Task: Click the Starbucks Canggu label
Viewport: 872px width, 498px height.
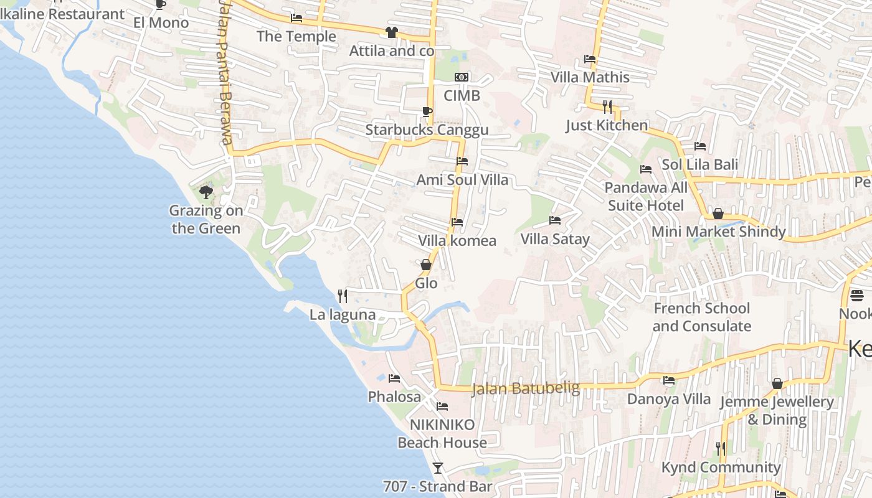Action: tap(427, 130)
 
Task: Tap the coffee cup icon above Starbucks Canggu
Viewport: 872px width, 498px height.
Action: tap(427, 111)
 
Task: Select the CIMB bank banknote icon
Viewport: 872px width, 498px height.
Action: tap(462, 77)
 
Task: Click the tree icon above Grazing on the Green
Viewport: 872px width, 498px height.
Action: tap(206, 192)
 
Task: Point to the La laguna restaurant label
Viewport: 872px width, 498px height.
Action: tap(343, 314)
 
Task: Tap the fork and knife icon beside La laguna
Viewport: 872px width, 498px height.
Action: tap(342, 296)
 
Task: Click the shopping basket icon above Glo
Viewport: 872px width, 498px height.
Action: tap(426, 265)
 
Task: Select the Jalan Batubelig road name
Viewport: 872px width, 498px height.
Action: tap(526, 388)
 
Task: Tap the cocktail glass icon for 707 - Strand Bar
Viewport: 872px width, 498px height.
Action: tap(438, 467)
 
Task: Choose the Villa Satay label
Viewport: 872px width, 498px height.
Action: tap(555, 239)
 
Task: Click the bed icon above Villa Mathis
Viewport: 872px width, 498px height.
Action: tap(590, 59)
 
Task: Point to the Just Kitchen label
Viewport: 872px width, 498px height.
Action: tap(607, 125)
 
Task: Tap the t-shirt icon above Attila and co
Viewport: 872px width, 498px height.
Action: tap(391, 32)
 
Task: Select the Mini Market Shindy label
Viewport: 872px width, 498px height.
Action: tap(718, 232)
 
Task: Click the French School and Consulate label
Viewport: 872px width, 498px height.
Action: tap(701, 317)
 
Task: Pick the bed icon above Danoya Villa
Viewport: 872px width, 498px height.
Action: tap(669, 380)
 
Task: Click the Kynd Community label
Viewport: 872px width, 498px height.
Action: tap(721, 467)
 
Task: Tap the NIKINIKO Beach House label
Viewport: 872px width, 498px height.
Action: tap(442, 433)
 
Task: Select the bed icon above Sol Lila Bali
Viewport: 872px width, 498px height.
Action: tap(700, 146)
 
